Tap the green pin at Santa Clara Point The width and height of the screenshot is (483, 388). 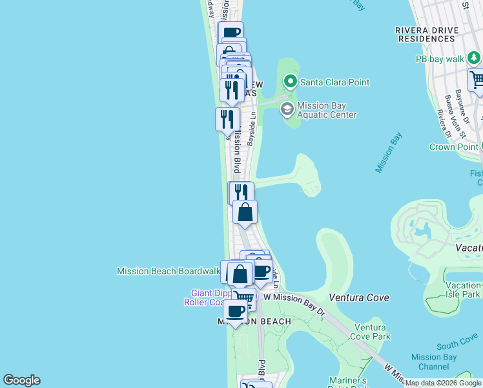290,82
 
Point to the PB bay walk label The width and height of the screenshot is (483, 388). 440,59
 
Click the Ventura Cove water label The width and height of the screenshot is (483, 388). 359,297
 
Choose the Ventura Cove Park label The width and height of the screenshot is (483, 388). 372,332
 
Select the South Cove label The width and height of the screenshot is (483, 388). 457,346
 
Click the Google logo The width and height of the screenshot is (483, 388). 21,380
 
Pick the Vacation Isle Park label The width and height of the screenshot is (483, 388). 463,290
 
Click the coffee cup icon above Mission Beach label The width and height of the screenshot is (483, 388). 235,311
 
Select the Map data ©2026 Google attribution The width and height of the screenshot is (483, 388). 444,383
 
